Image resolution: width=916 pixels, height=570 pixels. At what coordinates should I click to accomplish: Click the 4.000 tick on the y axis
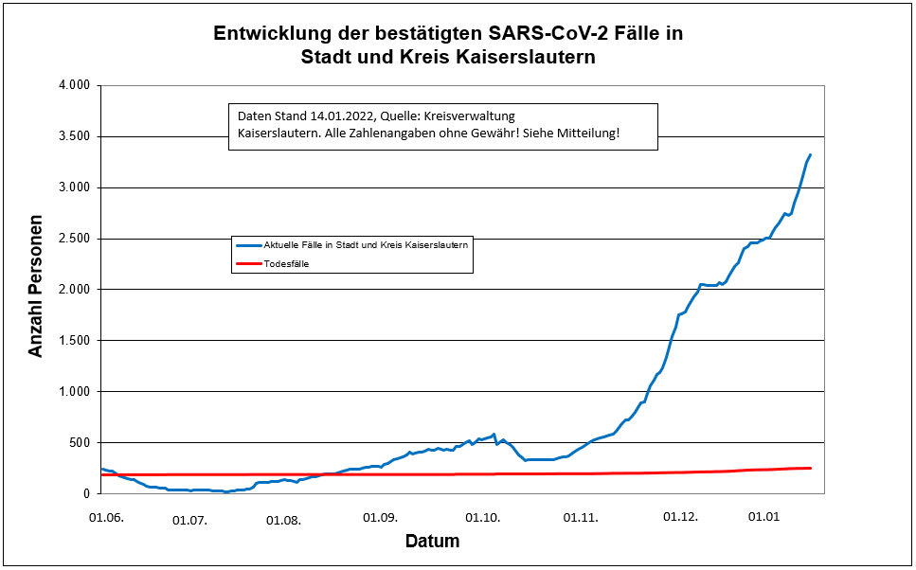(73, 85)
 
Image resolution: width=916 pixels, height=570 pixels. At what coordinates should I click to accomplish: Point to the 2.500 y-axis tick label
(73, 239)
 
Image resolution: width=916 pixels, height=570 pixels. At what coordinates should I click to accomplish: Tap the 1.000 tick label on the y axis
(73, 392)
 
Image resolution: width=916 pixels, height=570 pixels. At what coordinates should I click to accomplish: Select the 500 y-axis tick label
(80, 443)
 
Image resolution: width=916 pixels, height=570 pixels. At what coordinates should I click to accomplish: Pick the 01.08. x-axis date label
(283, 520)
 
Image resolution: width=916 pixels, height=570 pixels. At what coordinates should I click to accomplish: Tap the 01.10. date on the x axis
(482, 518)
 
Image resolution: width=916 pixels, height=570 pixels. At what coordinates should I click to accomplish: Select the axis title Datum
(432, 543)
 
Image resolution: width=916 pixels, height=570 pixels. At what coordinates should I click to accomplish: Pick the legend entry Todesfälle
(285, 264)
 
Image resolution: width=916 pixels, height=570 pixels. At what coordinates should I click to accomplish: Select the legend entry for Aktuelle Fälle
(365, 244)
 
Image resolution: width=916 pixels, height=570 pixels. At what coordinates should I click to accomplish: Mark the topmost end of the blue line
(810, 154)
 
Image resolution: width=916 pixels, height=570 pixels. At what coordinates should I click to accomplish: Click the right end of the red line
(811, 468)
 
